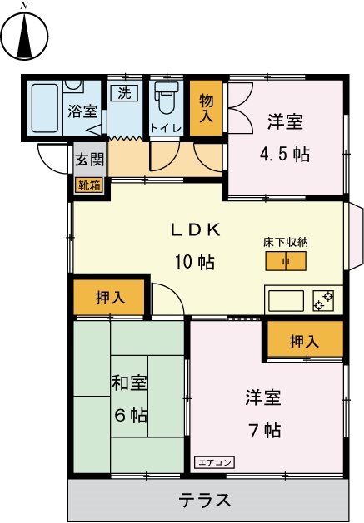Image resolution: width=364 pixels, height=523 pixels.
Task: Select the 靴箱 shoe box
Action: pyautogui.click(x=89, y=185)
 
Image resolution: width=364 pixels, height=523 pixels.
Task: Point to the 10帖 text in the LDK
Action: pyautogui.click(x=195, y=261)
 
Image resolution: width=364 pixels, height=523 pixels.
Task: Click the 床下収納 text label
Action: pyautogui.click(x=286, y=243)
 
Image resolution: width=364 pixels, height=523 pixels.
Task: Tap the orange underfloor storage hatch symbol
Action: pyautogui.click(x=286, y=262)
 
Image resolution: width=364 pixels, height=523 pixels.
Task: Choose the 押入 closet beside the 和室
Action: pyautogui.click(x=110, y=299)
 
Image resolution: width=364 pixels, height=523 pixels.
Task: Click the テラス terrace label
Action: pyautogui.click(x=204, y=500)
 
